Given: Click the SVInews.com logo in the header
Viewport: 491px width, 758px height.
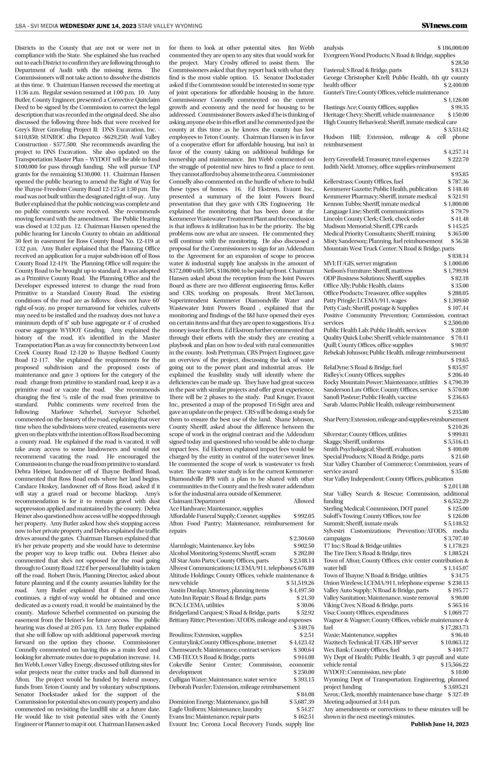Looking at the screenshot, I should [x=444, y=26].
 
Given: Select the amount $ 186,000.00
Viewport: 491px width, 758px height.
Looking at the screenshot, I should [x=453, y=48].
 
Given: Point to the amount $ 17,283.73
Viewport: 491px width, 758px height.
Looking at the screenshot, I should [x=454, y=627].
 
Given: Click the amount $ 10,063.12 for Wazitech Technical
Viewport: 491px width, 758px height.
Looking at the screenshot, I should [x=454, y=642].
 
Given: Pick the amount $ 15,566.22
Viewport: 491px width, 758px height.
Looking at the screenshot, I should [x=454, y=664].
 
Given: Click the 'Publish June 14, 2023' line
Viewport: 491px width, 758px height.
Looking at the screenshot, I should [x=439, y=724].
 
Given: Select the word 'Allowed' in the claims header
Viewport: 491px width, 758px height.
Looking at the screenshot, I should [x=303, y=501].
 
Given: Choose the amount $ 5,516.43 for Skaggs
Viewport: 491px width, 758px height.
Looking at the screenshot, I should [x=456, y=442].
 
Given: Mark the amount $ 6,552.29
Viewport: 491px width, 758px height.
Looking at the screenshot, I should [x=456, y=501].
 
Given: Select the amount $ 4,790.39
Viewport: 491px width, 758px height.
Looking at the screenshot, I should [x=456, y=382].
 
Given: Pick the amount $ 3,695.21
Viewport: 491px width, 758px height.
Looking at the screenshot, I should [x=456, y=687].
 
